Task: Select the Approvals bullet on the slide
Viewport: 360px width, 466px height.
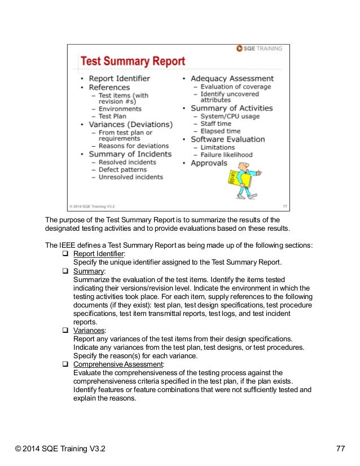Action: pyautogui.click(x=209, y=163)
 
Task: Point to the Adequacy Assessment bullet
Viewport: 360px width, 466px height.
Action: pyautogui.click(x=232, y=78)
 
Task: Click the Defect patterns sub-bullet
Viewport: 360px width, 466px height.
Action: pyautogui.click(x=122, y=169)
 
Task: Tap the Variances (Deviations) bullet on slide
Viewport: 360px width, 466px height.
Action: pyautogui.click(x=130, y=124)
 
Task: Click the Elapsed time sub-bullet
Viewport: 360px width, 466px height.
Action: pyautogui.click(x=220, y=131)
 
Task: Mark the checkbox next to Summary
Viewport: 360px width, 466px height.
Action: pyautogui.click(x=65, y=271)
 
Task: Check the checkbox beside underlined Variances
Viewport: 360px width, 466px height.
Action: pyautogui.click(x=65, y=331)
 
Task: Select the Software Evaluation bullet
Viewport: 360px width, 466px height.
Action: pyautogui.click(x=227, y=139)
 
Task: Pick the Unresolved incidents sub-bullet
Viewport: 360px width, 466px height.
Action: pyautogui.click(x=130, y=177)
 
